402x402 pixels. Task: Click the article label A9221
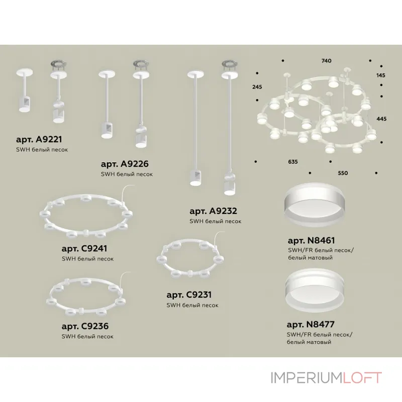coord(39,139)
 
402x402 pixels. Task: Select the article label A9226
coord(125,164)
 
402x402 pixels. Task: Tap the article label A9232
coord(213,211)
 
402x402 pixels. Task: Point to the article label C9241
coord(84,248)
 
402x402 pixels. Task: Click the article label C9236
coord(85,326)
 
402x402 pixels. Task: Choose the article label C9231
coord(189,295)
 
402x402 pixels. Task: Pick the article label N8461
coord(311,241)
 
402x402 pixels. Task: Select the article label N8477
coord(311,325)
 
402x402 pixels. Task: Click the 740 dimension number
coord(326,61)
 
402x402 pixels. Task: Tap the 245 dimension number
coord(257,87)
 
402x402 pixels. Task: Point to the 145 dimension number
coord(381,75)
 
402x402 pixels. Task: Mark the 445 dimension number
coord(381,119)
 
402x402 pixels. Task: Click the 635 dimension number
coord(293,162)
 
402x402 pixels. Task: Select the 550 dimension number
coord(343,173)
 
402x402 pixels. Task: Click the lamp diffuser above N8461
coord(314,205)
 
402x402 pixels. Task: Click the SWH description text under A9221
coord(42,150)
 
